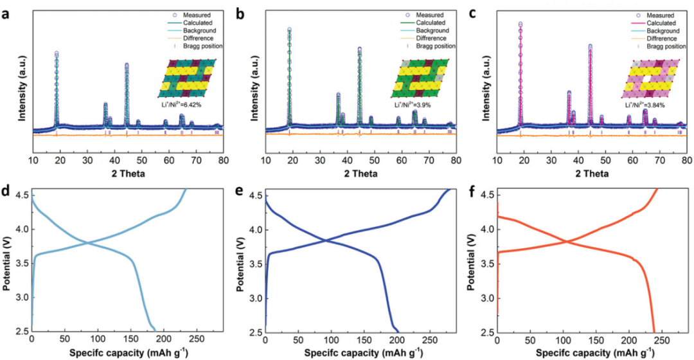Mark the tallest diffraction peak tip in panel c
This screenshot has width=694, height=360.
(520, 24)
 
